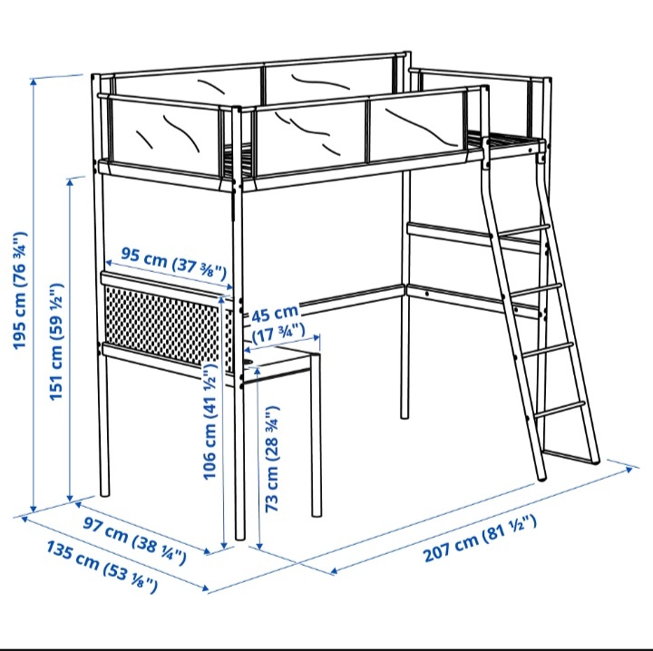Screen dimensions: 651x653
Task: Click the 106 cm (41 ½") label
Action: (210, 425)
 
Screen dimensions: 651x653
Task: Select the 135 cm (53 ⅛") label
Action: (101, 566)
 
